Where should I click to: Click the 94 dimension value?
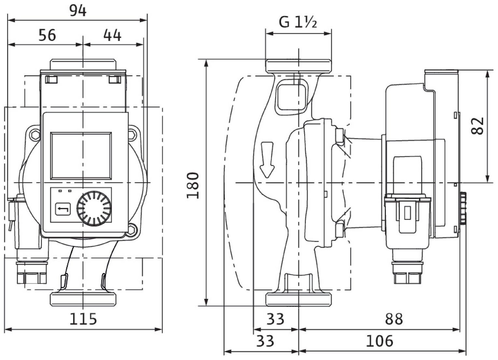[x=78, y=11]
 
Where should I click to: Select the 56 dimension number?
[x=47, y=35]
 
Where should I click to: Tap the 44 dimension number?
[x=112, y=35]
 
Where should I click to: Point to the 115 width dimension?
[x=83, y=319]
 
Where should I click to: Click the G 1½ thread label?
[x=298, y=22]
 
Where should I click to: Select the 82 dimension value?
[x=478, y=126]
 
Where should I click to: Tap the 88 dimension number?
[x=394, y=319]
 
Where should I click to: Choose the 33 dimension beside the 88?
[x=276, y=319]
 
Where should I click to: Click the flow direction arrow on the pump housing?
[x=267, y=160]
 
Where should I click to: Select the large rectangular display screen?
[x=81, y=155]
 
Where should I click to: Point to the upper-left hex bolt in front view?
[x=34, y=134]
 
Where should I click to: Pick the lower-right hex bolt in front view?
[x=133, y=229]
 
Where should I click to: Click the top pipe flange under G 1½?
[x=298, y=66]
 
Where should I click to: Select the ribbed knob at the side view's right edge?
[x=463, y=208]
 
